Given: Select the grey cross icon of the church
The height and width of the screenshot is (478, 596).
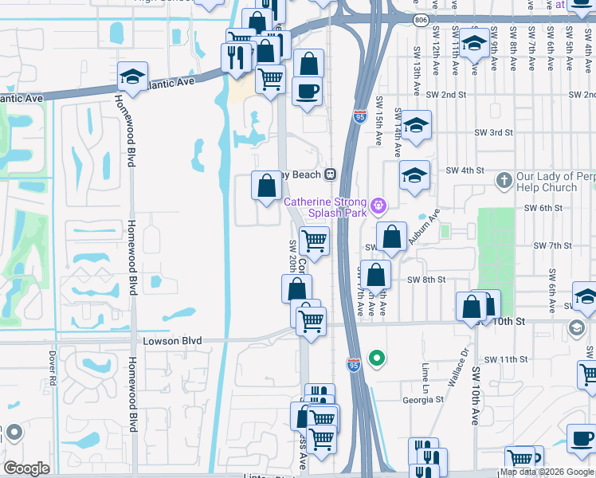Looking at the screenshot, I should coord(504,181).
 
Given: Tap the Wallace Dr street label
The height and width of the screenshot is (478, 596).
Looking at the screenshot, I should coord(457,366).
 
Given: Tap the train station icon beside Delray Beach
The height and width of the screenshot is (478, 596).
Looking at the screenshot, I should coord(328,174).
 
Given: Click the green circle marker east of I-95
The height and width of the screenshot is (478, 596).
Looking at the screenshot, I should coord(377,358).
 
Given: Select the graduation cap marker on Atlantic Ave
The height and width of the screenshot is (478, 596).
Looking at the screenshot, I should coord(132,77).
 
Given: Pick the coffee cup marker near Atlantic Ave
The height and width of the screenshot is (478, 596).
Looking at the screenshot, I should coord(307,92).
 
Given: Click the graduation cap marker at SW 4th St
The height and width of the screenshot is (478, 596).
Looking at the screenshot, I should coord(414,176).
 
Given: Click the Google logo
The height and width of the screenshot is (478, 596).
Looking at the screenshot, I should coord(26,468).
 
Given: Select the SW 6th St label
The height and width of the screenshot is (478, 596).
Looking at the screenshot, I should coord(543,208).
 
